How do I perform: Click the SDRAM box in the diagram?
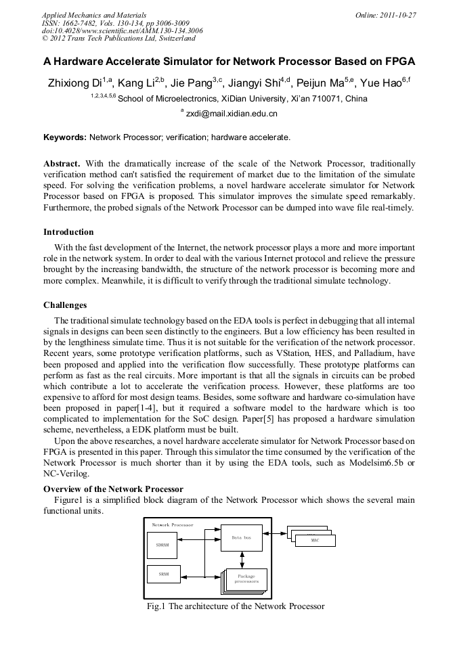click(x=163, y=544)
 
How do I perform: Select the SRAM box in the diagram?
click(x=163, y=574)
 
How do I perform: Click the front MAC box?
click(x=314, y=541)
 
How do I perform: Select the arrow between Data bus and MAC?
click(x=275, y=537)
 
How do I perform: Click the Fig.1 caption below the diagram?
click(x=236, y=606)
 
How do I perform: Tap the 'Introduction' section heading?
click(x=68, y=232)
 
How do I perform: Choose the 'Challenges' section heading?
click(x=65, y=305)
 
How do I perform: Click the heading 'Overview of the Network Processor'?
click(x=113, y=489)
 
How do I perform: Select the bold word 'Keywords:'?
click(x=65, y=137)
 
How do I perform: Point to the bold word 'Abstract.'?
click(x=62, y=164)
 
